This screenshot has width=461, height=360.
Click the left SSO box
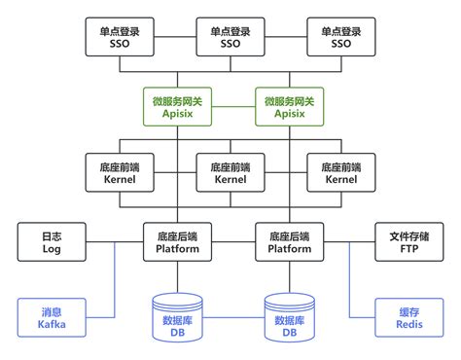(120, 37)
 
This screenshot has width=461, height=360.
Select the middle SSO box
(230, 37)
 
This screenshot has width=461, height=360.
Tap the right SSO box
(341, 37)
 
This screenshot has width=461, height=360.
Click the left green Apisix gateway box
(175, 105)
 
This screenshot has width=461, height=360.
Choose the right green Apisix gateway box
(286, 105)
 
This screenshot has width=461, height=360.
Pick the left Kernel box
(120, 173)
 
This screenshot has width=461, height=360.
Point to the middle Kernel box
(230, 173)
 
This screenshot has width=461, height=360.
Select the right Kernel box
(341, 173)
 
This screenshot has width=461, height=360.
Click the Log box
(52, 241)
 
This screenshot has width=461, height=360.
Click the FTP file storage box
(409, 241)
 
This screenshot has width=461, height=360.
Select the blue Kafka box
(52, 318)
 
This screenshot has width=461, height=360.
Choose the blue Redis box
(409, 318)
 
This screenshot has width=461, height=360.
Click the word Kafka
(52, 325)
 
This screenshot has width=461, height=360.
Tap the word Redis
(409, 325)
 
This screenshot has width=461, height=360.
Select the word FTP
(409, 248)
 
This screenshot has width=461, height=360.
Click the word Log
(52, 248)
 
